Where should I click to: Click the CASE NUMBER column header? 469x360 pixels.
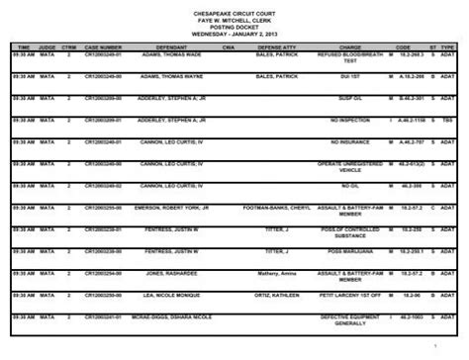point(104,45)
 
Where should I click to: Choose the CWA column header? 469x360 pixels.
point(228,45)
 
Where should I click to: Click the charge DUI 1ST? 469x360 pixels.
point(347,75)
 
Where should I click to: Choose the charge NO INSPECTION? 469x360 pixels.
point(347,120)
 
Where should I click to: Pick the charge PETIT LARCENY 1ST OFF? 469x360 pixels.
point(347,295)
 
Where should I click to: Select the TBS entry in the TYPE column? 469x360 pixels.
point(447,120)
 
